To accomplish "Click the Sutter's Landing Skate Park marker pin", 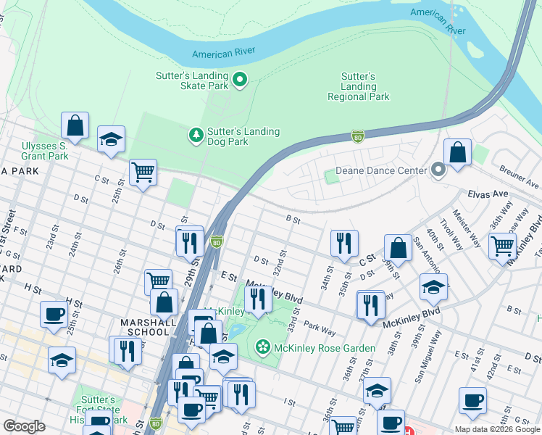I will (240, 80).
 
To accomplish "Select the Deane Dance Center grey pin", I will (438, 170).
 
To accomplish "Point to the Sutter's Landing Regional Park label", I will (358, 86).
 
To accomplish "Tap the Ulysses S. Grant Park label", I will (45, 151).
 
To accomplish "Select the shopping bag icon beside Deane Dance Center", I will (458, 153).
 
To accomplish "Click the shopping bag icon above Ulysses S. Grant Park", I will (75, 126).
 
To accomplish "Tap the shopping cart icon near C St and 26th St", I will (143, 173).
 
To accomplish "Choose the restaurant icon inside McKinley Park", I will (258, 299).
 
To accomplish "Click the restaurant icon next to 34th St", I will (344, 244).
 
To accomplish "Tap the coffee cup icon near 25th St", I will (54, 315).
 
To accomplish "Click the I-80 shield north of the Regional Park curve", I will (357, 135).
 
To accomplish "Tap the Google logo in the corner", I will (25, 426).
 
